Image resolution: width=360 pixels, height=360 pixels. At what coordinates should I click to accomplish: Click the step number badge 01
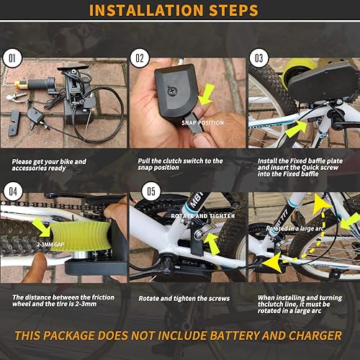click(12, 55)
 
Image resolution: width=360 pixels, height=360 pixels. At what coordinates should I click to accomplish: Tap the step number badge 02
click(139, 55)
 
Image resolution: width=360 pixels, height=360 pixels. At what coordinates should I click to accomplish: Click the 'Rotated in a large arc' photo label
click(290, 228)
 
